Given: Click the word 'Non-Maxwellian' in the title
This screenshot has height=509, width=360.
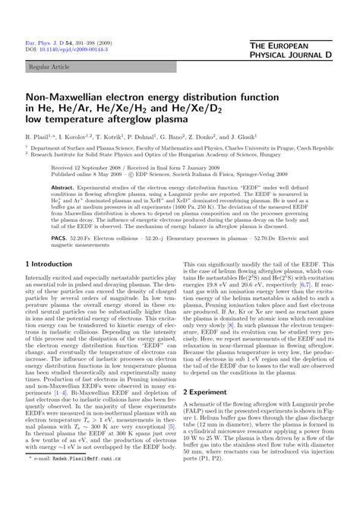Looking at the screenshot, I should coord(69,98).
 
